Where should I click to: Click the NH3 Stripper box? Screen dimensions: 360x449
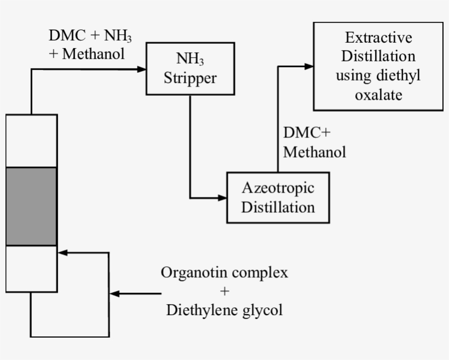click(190, 68)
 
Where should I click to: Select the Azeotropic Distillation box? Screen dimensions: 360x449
click(278, 198)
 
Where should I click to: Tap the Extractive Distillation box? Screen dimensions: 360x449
click(378, 66)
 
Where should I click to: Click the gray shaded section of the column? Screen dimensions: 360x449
click(32, 206)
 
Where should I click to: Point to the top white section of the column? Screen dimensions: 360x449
click(32, 141)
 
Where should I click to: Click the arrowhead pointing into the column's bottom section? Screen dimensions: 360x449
click(62, 253)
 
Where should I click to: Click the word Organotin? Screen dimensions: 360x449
click(191, 272)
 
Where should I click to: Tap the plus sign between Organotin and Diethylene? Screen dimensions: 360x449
click(225, 292)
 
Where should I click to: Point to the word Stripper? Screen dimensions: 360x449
click(190, 78)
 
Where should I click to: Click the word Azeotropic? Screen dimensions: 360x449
click(278, 188)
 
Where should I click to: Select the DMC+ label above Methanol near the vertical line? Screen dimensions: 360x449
click(307, 133)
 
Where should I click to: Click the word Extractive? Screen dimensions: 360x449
click(378, 38)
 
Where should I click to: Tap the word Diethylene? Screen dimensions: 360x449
click(201, 311)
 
